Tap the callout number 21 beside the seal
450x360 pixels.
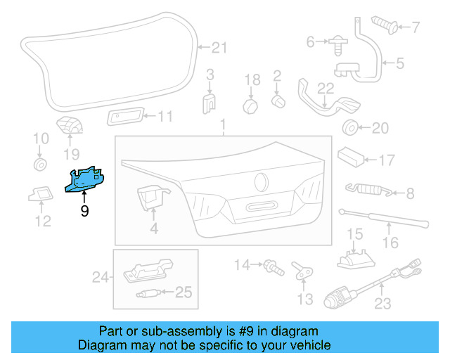220,48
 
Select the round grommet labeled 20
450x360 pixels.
349,128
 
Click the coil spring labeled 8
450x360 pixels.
364,189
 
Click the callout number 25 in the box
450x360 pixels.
183,292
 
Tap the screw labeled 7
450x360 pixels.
384,26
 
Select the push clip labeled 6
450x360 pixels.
335,44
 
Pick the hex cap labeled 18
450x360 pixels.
251,105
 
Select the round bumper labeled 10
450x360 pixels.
41,165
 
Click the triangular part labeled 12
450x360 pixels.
42,193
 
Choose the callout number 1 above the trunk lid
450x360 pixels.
224,127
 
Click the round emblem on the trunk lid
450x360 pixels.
262,181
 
